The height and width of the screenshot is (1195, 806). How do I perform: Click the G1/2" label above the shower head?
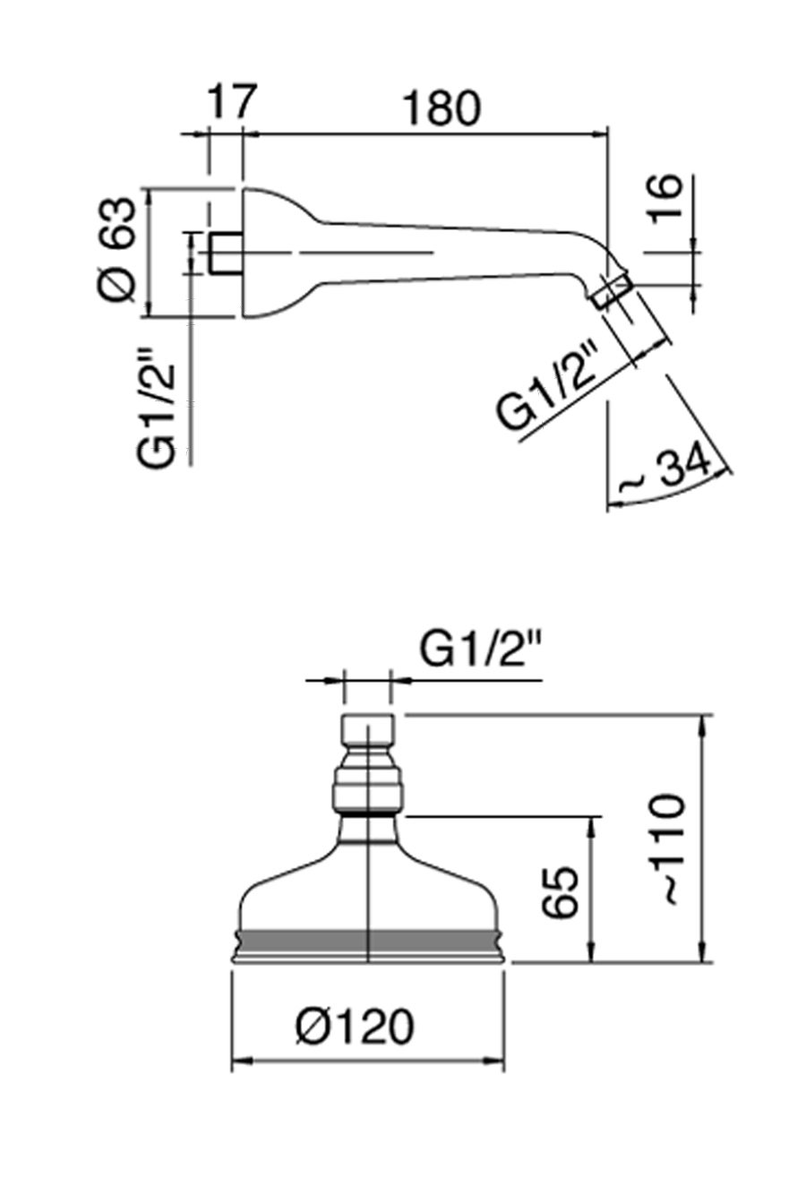[482, 649]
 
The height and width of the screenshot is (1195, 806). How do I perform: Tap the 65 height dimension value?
[562, 892]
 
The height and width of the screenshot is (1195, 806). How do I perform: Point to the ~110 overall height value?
[667, 847]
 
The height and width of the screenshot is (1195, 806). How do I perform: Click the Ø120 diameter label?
[355, 1027]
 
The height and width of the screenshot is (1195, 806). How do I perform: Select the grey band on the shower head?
[368, 940]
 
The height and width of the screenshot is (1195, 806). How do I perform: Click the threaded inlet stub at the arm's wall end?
[225, 254]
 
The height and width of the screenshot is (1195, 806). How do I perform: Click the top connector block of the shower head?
[368, 730]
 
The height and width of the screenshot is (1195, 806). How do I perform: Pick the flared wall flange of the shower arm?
[273, 253]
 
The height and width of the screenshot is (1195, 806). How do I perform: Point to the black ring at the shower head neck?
[368, 815]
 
